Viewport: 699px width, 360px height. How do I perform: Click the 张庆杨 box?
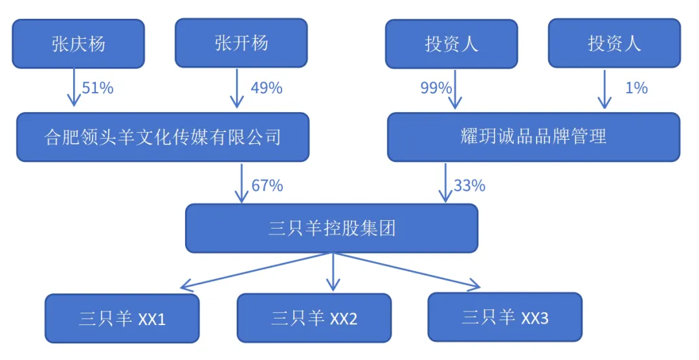[78, 43]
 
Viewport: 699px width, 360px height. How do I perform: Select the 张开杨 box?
[241, 43]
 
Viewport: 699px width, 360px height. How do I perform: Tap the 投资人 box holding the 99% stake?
[451, 43]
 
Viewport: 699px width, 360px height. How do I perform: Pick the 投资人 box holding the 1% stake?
[614, 43]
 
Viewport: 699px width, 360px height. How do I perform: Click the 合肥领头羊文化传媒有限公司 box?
[162, 137]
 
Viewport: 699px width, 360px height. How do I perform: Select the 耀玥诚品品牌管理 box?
[533, 137]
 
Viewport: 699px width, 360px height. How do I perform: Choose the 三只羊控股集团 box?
[331, 229]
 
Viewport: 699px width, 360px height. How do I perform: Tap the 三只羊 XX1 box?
[122, 319]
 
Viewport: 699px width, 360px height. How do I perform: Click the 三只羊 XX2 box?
[314, 318]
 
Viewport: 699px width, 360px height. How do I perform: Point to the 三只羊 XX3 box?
[505, 317]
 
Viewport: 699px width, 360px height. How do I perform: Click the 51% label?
[98, 88]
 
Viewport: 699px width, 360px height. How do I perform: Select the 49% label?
[267, 88]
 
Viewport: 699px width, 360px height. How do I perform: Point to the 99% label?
[436, 88]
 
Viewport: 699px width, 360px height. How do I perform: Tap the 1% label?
[636, 88]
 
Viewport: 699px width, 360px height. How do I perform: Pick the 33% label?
[470, 186]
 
